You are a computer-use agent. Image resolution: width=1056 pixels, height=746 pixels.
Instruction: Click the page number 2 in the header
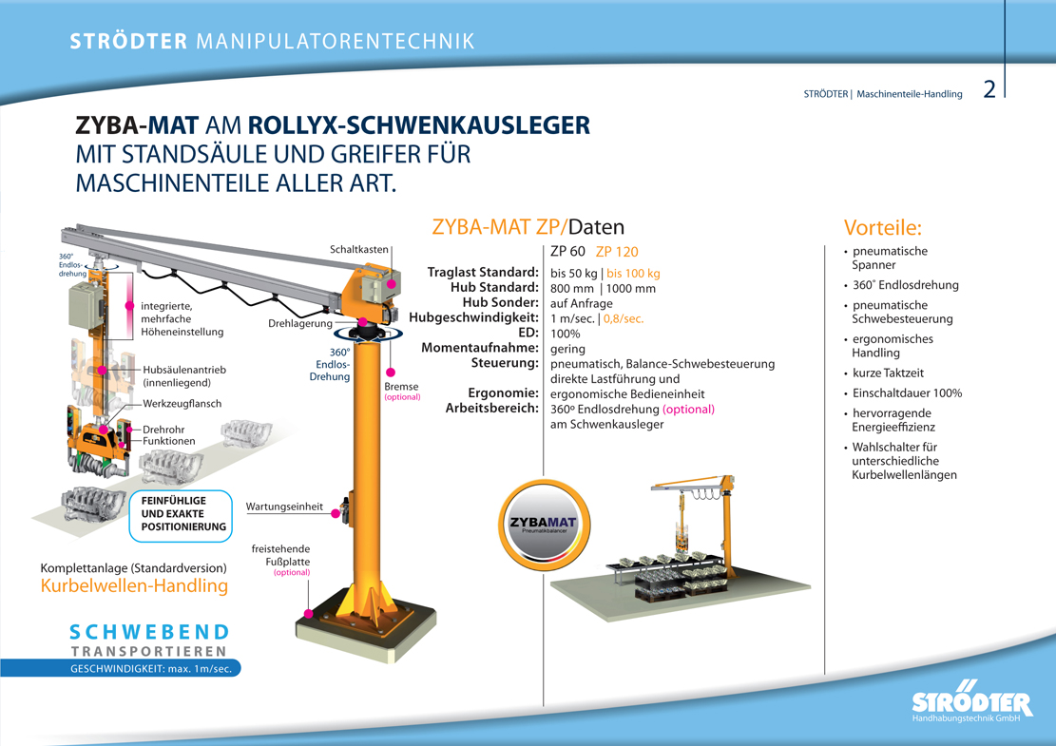989,90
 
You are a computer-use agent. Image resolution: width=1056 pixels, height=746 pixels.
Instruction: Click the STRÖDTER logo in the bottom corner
971,704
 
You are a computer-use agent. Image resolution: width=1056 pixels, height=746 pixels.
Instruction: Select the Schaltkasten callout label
358,250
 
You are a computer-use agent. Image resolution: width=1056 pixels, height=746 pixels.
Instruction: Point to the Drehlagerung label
300,324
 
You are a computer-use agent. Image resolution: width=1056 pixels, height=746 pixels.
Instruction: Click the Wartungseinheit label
284,507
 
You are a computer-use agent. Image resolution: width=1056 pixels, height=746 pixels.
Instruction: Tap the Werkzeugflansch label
182,404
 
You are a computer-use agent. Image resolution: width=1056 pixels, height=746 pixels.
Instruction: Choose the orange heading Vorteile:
883,228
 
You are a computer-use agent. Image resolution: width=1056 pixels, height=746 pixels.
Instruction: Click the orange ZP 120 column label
617,253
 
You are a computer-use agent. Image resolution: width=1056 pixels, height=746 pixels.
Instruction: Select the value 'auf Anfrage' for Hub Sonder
582,304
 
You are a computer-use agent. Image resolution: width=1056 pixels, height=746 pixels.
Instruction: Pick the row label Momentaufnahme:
480,348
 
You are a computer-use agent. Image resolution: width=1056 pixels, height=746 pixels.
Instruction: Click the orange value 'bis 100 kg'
633,274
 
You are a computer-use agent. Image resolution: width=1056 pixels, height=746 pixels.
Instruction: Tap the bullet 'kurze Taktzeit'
888,373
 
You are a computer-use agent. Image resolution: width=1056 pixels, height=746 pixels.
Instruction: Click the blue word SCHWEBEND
149,632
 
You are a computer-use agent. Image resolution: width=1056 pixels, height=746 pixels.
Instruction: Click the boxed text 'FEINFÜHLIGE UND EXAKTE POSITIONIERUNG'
183,513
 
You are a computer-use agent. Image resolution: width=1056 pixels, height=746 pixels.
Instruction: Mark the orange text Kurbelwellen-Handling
134,586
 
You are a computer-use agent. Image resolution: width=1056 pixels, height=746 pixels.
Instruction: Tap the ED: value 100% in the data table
566,334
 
